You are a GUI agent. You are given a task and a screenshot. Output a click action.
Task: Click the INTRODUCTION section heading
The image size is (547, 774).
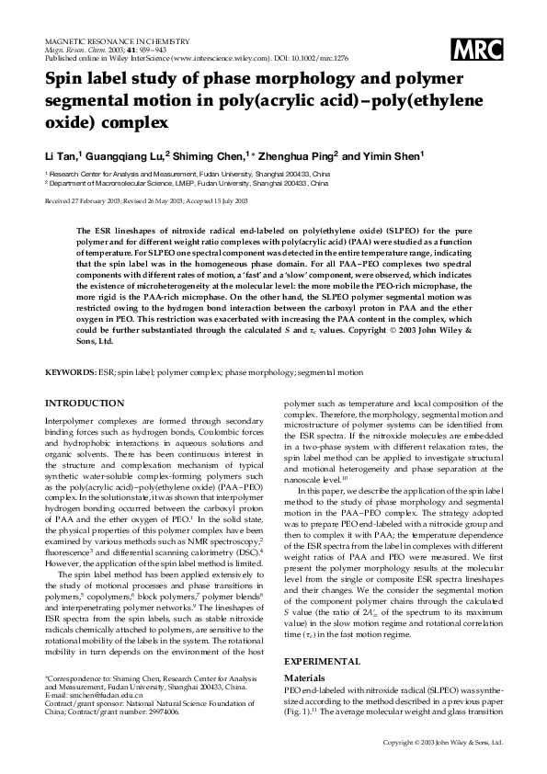(x=85, y=429)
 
